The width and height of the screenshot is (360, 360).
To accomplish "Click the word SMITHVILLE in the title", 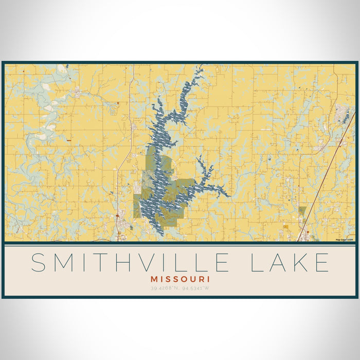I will pyautogui.click(x=130, y=262).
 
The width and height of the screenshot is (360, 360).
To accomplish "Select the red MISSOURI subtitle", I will pyautogui.click(x=180, y=278).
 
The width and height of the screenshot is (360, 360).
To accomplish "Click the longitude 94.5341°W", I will pyautogui.click(x=195, y=288).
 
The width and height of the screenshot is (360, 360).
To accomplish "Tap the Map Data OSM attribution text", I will pyautogui.click(x=345, y=240).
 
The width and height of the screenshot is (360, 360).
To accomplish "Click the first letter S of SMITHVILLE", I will pyautogui.click(x=40, y=262).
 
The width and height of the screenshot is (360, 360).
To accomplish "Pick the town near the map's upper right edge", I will pyautogui.click(x=342, y=113).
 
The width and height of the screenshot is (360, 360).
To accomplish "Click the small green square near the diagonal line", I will pyautogui.click(x=302, y=210).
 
